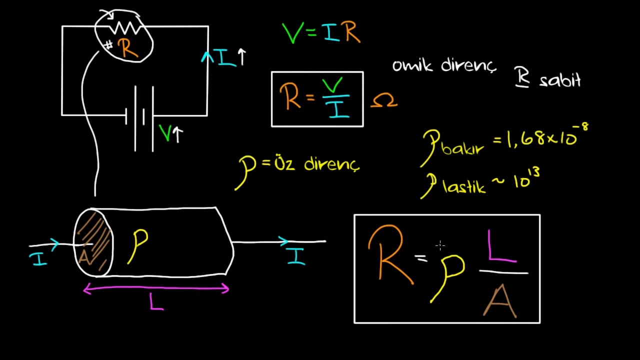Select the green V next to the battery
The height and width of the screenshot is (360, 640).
point(165,133)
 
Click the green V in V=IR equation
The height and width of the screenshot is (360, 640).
point(292,32)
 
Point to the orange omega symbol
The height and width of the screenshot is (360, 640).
point(383,102)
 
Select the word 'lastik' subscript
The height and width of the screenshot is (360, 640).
point(464,187)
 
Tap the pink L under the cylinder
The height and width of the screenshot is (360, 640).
point(156,301)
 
